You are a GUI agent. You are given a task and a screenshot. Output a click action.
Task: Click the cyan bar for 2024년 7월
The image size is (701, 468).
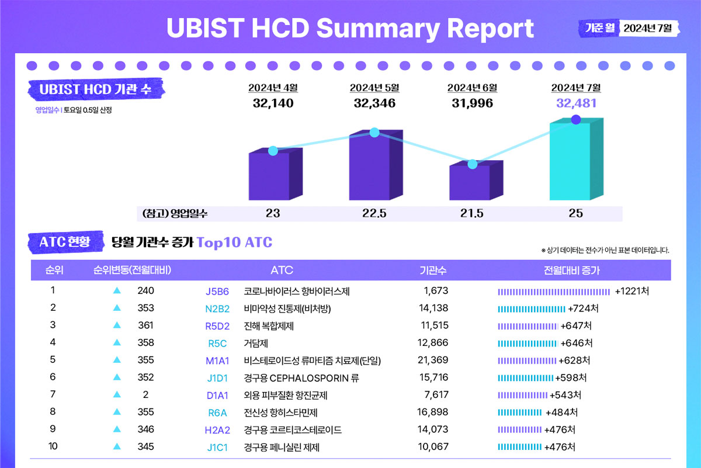click(570, 161)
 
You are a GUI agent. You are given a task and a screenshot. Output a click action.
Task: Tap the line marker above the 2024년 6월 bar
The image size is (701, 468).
click(473, 164)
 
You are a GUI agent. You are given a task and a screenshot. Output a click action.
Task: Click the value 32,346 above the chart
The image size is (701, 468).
click(374, 103)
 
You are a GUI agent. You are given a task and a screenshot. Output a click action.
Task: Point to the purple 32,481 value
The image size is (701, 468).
click(575, 103)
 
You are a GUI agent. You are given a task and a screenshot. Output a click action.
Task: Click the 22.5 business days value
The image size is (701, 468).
click(374, 213)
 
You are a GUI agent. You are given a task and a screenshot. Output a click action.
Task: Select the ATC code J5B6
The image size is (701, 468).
click(217, 291)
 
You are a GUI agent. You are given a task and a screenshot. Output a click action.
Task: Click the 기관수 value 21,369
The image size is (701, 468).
click(433, 360)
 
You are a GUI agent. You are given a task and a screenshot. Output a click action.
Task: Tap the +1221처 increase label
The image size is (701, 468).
click(632, 291)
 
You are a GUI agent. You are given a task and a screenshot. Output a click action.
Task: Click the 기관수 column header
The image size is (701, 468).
click(433, 270)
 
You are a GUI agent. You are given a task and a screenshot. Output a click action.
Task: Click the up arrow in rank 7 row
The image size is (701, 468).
click(117, 395)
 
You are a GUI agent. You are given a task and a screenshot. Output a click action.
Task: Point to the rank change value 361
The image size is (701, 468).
click(145, 325)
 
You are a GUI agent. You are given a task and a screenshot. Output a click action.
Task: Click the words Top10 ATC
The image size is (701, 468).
click(234, 242)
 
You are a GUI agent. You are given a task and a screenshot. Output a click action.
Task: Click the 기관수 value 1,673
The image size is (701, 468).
click(435, 291)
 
